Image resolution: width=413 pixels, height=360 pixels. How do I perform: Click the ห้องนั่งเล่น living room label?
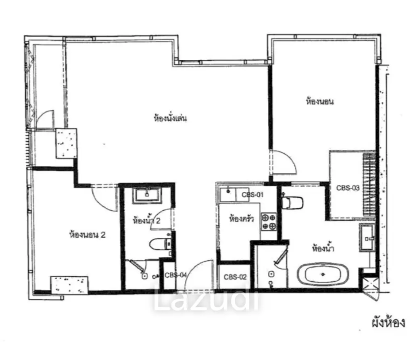(170, 118)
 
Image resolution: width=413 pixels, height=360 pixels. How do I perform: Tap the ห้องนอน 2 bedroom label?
(88, 234)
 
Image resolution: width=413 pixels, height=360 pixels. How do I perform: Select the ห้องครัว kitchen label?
(241, 218)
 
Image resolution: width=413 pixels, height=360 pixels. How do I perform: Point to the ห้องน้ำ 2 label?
(146, 220)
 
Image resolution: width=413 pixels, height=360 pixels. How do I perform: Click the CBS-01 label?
(252, 195)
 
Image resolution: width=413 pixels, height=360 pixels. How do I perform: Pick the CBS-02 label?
(235, 277)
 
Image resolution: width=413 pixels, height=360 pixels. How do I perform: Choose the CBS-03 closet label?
(348, 188)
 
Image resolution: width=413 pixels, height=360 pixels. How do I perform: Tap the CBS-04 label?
(176, 275)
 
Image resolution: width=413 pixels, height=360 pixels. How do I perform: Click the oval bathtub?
(323, 274)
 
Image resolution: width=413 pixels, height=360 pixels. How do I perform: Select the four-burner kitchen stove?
(269, 222)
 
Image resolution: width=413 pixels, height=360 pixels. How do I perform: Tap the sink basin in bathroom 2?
(147, 195)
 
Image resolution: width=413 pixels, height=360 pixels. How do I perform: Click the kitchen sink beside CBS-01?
(228, 194)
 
